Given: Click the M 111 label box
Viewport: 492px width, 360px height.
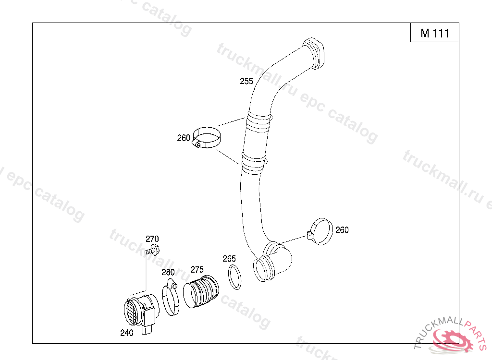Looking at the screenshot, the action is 434,32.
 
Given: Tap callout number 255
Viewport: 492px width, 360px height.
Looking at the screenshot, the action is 246,81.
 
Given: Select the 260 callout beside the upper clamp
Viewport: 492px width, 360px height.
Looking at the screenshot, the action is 184,138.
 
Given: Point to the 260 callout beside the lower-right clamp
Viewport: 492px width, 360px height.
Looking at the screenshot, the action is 342,230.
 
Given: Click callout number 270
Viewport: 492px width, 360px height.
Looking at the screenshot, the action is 152,239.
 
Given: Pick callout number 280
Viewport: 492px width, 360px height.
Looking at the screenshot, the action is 168,272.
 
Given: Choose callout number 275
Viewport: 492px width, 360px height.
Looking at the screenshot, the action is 197,269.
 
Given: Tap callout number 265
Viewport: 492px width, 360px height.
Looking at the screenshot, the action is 229,259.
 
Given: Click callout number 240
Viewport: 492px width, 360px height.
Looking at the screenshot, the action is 127,333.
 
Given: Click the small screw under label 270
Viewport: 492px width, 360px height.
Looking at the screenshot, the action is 152,250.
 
